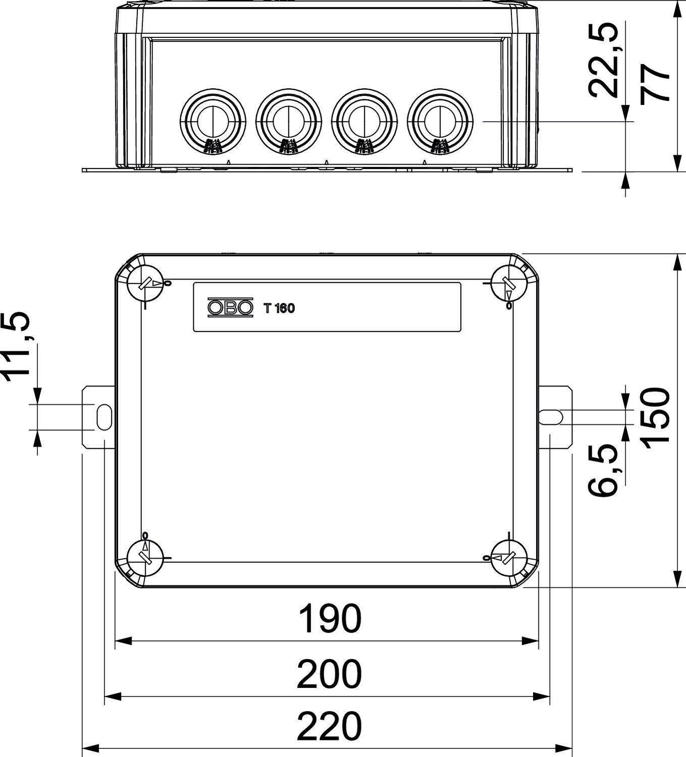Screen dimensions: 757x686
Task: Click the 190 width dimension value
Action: [x=330, y=619]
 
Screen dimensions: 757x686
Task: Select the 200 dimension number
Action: [x=329, y=674]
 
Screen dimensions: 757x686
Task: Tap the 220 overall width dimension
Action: [x=329, y=727]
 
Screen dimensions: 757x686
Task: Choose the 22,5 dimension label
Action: [x=604, y=59]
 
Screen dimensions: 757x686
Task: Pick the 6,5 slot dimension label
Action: [x=604, y=470]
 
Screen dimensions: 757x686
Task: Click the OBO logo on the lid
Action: [x=230, y=308]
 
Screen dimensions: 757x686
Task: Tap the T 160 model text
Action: [x=279, y=308]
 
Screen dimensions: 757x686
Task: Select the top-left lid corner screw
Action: [x=145, y=284]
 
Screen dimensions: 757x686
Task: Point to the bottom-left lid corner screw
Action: [x=145, y=558]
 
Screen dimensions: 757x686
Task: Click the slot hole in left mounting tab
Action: [x=104, y=417]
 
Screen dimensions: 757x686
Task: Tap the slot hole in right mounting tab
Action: [x=551, y=417]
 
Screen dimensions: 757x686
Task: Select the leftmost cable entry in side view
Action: [x=213, y=121]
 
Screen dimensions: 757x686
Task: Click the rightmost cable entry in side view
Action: [x=440, y=121]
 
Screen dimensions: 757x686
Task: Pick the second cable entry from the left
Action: [x=288, y=121]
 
